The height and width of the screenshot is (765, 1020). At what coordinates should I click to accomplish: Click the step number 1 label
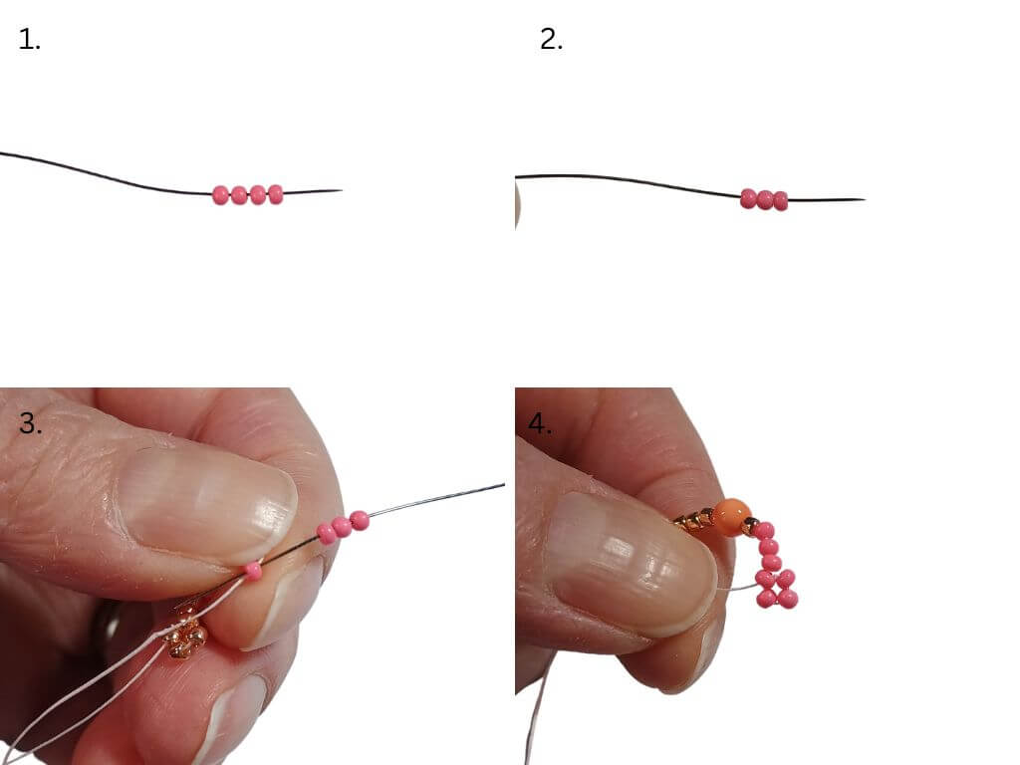[29, 40]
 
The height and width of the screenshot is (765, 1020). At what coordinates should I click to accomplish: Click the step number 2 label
[551, 40]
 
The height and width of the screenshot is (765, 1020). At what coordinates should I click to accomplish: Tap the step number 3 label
[31, 423]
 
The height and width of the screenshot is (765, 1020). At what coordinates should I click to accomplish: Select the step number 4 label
[539, 423]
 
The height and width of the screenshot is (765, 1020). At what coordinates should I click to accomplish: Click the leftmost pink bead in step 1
[220, 195]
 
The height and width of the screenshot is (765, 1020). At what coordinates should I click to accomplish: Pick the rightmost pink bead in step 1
[276, 194]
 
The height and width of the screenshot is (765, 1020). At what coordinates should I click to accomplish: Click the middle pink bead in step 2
[765, 199]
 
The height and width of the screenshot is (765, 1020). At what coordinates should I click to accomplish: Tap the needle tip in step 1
[342, 190]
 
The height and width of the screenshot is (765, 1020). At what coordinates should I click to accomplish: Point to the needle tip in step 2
[865, 199]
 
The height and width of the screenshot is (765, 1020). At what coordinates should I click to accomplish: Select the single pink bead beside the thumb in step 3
[252, 571]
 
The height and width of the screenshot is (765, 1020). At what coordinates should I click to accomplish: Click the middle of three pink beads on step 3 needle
[342, 528]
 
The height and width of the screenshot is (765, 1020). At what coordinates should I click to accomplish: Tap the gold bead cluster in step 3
[186, 635]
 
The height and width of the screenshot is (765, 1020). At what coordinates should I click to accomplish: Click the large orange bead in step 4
[731, 518]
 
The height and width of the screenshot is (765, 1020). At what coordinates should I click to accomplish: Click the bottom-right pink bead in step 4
[788, 598]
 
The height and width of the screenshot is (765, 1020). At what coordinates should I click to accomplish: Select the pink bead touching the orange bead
[764, 531]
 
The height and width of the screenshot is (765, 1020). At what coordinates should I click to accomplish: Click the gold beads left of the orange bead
[693, 522]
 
